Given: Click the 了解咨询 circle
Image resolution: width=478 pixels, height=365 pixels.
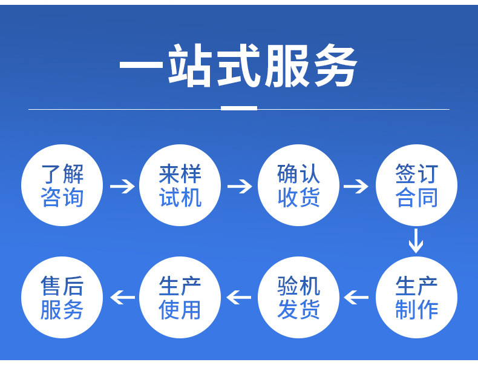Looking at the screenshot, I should pyautogui.click(x=62, y=186).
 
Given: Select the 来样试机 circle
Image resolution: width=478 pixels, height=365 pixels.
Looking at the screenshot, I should pyautogui.click(x=180, y=186).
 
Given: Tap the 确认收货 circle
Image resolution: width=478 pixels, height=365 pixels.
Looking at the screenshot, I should pyautogui.click(x=298, y=186).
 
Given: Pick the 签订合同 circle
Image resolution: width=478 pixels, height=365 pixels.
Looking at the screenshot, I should pyautogui.click(x=416, y=186).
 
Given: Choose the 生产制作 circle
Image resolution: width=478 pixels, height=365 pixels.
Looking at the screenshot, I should pyautogui.click(x=416, y=297).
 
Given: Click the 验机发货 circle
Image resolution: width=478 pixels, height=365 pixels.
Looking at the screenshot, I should pyautogui.click(x=298, y=297).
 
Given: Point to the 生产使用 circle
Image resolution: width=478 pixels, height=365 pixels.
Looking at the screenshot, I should pyautogui.click(x=180, y=297).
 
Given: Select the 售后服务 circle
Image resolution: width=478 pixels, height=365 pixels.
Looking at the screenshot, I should pyautogui.click(x=62, y=297).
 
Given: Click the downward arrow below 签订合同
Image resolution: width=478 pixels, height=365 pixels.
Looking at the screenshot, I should pyautogui.click(x=416, y=240).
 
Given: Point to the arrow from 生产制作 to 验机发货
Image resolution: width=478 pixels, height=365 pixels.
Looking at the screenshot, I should pyautogui.click(x=356, y=297).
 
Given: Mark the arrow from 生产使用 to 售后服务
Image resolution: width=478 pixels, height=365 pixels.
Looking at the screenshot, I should pyautogui.click(x=122, y=297).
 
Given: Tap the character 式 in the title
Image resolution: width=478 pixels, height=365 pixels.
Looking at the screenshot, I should pyautogui.click(x=238, y=65).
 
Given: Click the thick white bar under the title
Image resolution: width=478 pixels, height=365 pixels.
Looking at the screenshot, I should pyautogui.click(x=239, y=109).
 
